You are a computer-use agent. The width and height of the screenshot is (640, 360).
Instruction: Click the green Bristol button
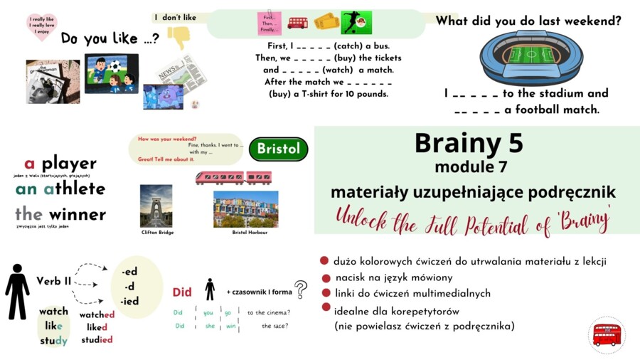pyautogui.click(x=279, y=149)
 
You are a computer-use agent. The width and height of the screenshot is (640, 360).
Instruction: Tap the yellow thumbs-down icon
pyautogui.click(x=178, y=36)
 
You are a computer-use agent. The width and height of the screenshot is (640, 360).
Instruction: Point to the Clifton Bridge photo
pyautogui.click(x=156, y=206)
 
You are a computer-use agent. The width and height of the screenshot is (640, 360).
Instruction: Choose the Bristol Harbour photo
pyautogui.click(x=245, y=208)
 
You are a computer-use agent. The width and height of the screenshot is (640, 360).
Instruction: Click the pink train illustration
pyautogui.click(x=233, y=178)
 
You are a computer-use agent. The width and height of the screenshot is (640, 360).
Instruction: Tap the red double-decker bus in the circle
pyautogui.click(x=607, y=334)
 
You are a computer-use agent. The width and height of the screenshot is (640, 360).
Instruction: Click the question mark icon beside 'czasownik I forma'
pyautogui.click(x=301, y=290)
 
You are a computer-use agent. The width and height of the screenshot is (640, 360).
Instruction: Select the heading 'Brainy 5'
pyautogui.click(x=469, y=143)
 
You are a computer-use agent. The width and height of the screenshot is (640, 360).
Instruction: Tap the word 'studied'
pyautogui.click(x=96, y=340)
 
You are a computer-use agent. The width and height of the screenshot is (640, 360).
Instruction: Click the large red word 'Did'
pyautogui.click(x=183, y=292)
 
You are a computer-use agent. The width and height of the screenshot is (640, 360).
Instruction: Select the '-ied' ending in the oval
pyautogui.click(x=130, y=301)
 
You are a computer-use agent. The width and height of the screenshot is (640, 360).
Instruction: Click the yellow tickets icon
pyautogui.click(x=326, y=22)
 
